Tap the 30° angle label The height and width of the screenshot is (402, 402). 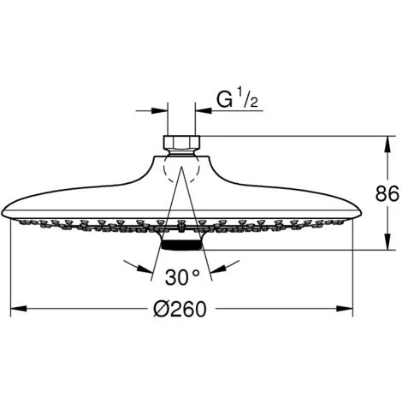181,277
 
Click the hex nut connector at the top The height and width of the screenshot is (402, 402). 181,142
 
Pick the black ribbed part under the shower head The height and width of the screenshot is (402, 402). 181,245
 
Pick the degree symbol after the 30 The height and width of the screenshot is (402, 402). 196,274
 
